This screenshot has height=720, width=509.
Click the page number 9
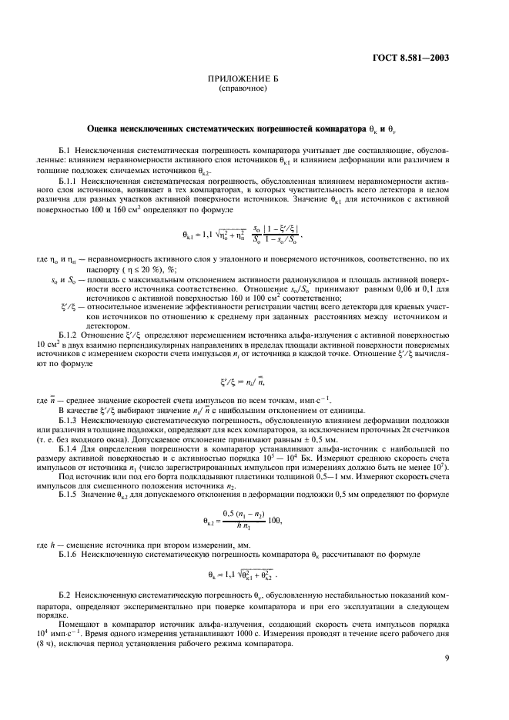pos(447,678)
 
